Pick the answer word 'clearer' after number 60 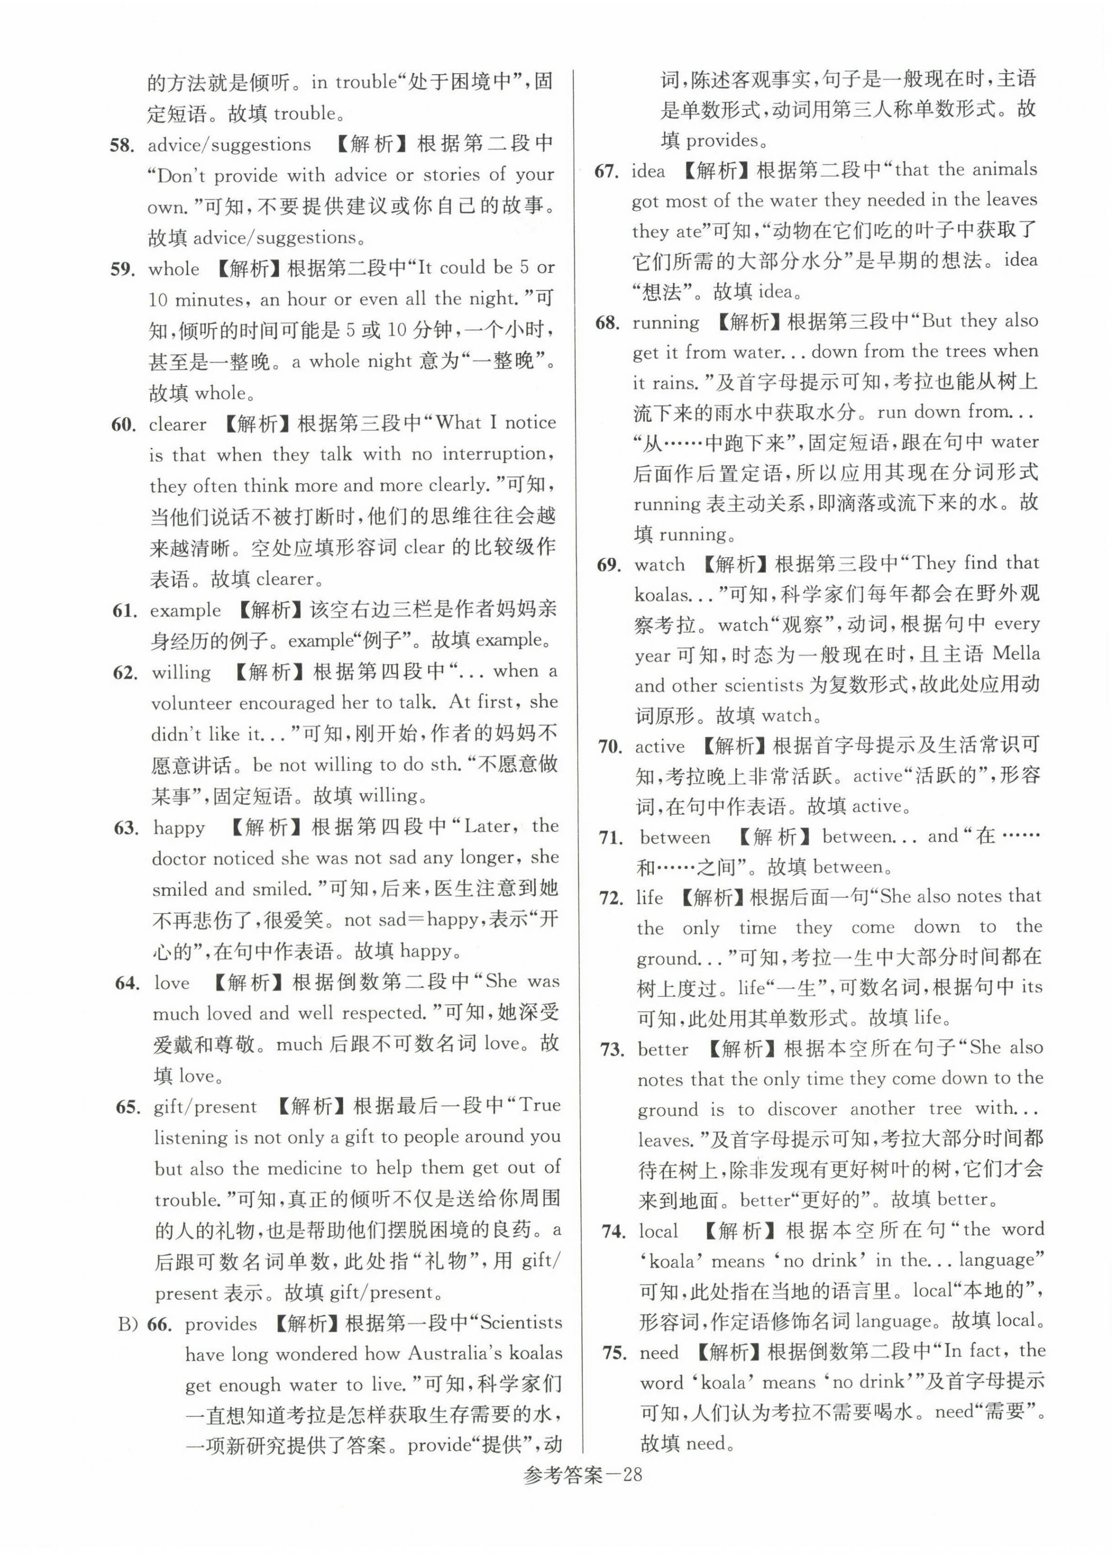[x=177, y=424]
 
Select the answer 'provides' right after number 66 [x=220, y=1324]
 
